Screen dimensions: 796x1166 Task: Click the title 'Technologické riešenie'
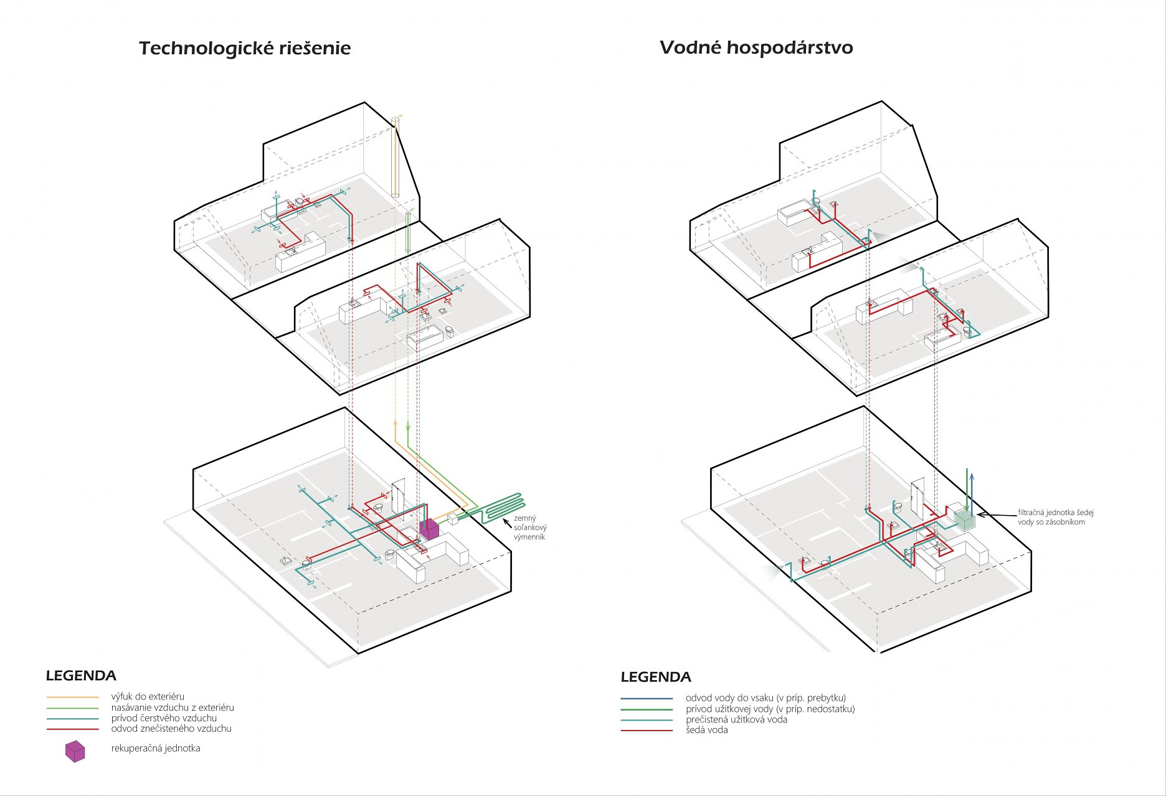pyautogui.click(x=245, y=49)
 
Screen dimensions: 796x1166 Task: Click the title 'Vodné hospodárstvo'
pyautogui.click(x=756, y=48)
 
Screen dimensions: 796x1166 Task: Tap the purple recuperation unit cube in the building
pyautogui.click(x=429, y=529)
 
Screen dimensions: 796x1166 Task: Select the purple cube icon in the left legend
pyautogui.click(x=75, y=751)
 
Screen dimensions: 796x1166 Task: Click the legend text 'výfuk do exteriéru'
pyautogui.click(x=148, y=696)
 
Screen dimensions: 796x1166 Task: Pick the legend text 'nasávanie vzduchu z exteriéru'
pyautogui.click(x=173, y=708)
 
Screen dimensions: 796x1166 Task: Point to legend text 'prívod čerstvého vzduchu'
pyautogui.click(x=164, y=718)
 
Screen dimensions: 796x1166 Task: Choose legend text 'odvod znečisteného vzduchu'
pyautogui.click(x=171, y=729)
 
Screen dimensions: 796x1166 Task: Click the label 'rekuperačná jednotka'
pyautogui.click(x=156, y=749)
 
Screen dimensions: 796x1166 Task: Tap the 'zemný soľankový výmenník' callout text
pyautogui.click(x=529, y=528)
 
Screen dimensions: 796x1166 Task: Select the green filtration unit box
pyautogui.click(x=964, y=520)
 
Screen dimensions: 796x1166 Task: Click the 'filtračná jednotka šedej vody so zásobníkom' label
pyautogui.click(x=1055, y=517)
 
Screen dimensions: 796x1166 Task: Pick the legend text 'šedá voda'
pyautogui.click(x=706, y=730)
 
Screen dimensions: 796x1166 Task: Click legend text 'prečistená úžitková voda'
pyautogui.click(x=736, y=719)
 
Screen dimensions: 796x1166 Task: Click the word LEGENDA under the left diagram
pyautogui.click(x=81, y=676)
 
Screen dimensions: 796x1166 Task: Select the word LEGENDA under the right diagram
pyautogui.click(x=656, y=677)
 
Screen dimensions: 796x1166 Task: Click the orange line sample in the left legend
pyautogui.click(x=72, y=697)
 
